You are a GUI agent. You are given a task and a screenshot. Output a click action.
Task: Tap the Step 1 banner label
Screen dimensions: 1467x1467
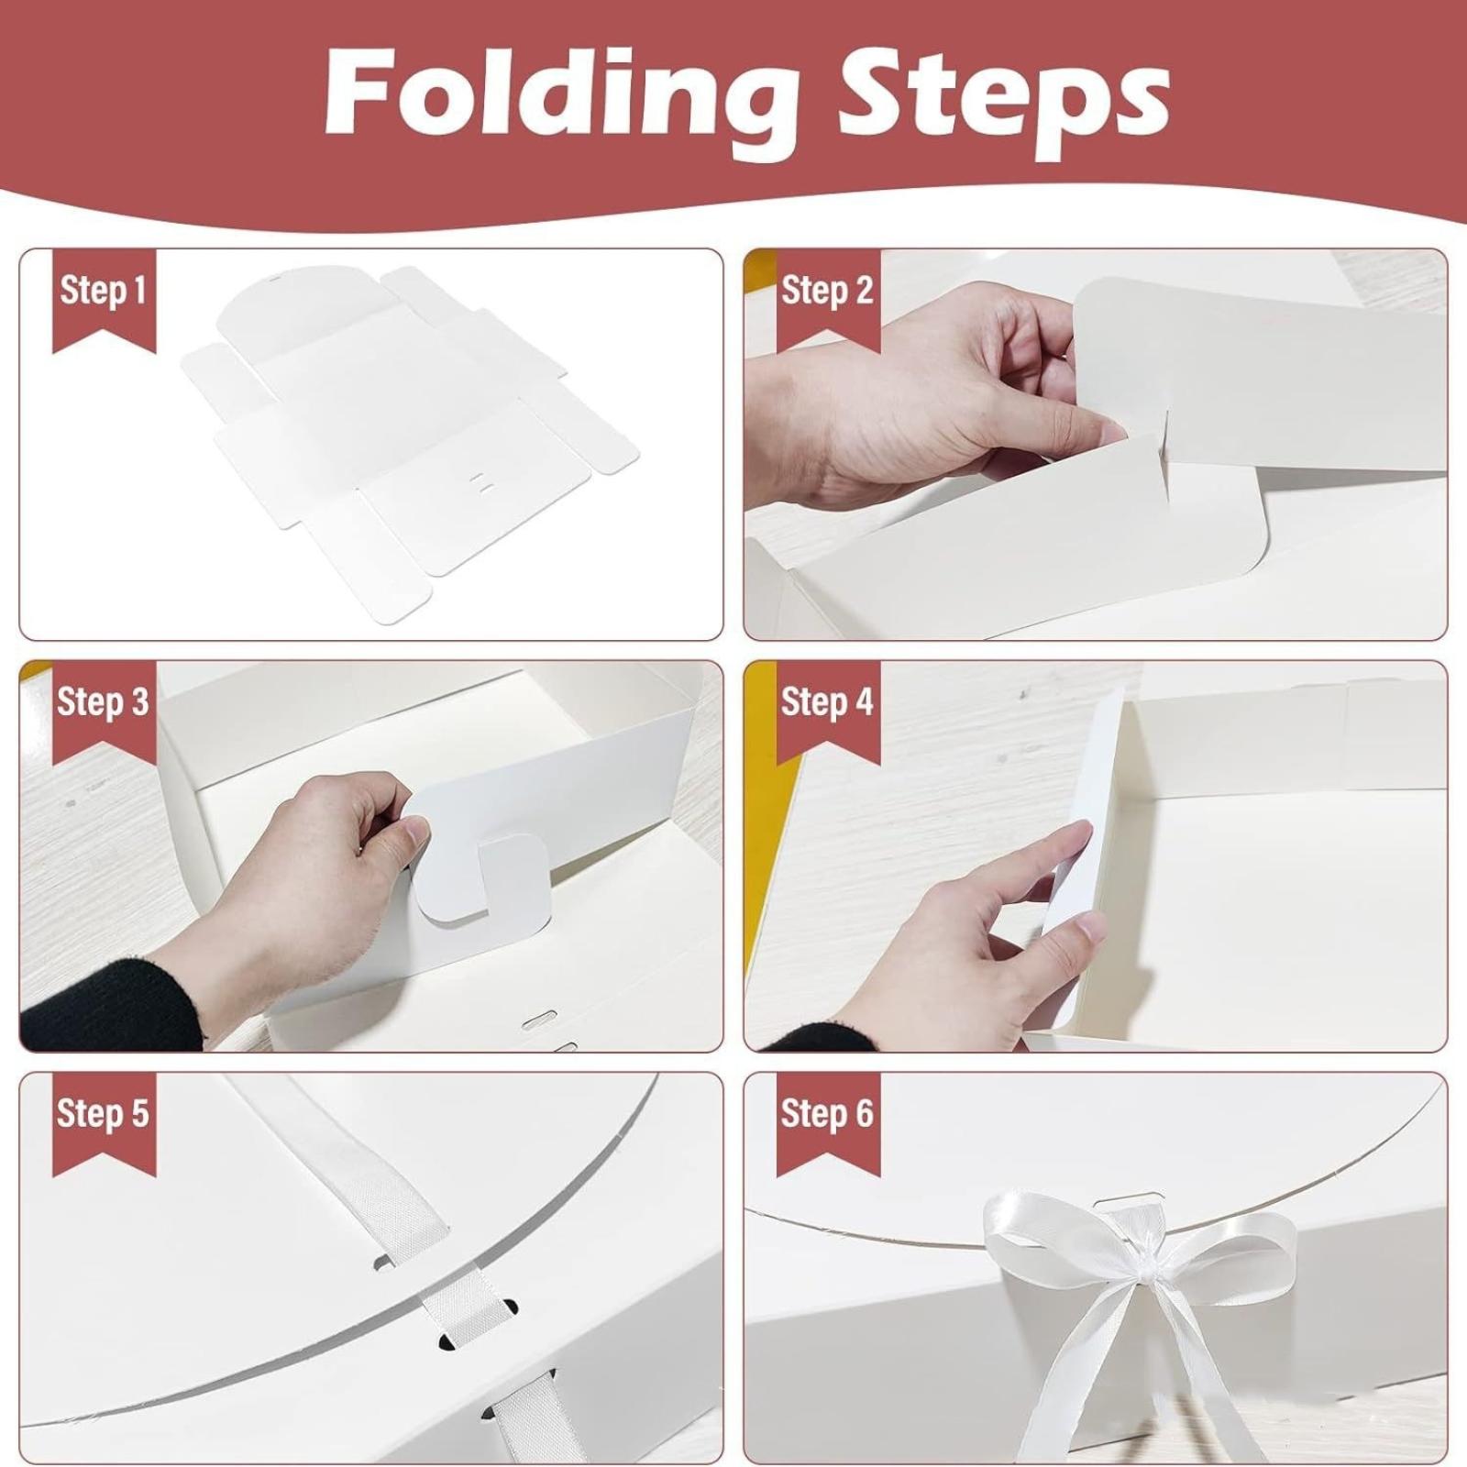(x=103, y=291)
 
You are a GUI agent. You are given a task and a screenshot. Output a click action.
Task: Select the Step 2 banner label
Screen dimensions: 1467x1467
(x=827, y=291)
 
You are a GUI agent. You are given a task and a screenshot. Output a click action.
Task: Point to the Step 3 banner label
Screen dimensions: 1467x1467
(x=103, y=702)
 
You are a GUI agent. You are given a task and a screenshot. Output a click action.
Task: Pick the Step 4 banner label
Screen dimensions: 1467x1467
(x=827, y=702)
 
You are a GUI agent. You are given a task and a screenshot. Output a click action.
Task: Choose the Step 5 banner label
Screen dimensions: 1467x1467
(x=103, y=1114)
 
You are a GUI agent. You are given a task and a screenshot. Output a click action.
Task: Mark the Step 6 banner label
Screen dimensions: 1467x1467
(x=827, y=1114)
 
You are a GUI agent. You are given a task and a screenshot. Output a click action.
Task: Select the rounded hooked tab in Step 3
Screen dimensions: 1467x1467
(x=478, y=880)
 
